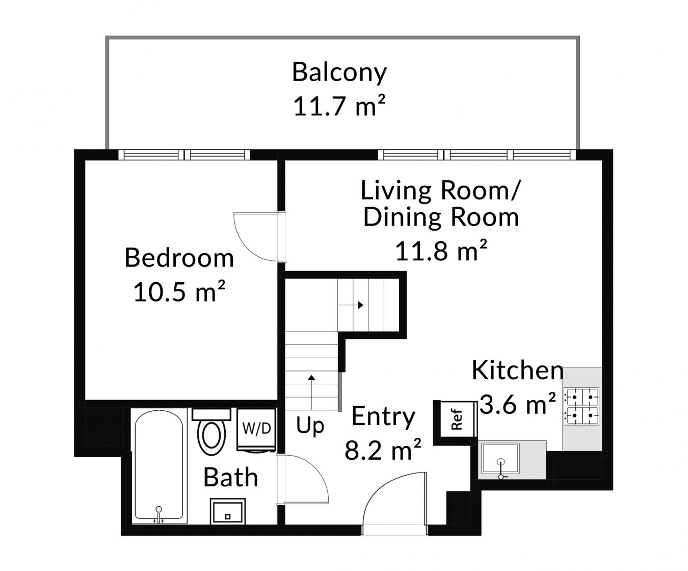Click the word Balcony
click(339, 73)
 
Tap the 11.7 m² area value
click(339, 106)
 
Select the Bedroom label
click(179, 258)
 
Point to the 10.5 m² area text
click(179, 291)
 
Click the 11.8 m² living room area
click(441, 251)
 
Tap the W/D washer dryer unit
click(256, 430)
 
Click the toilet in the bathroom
click(211, 432)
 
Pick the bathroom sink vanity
click(228, 511)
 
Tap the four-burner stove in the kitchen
click(581, 406)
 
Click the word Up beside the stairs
click(310, 426)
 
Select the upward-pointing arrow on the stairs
click(311, 392)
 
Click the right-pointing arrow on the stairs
click(351, 305)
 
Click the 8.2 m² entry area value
click(383, 450)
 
